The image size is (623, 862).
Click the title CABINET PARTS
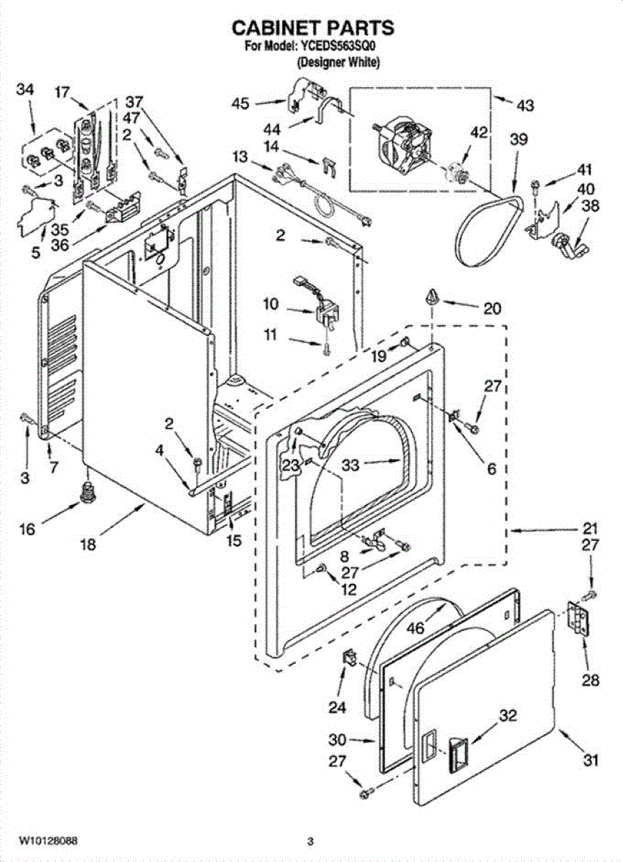tap(311, 28)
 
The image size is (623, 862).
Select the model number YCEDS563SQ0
tap(337, 47)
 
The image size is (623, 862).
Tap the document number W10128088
tap(48, 840)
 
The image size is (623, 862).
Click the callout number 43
tap(525, 105)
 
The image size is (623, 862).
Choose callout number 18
tap(88, 544)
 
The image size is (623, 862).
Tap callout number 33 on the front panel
tap(350, 465)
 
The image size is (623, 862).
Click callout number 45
tap(240, 104)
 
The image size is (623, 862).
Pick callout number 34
tap(24, 90)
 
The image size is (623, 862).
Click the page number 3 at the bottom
tap(311, 840)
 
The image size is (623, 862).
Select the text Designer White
tap(338, 62)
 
